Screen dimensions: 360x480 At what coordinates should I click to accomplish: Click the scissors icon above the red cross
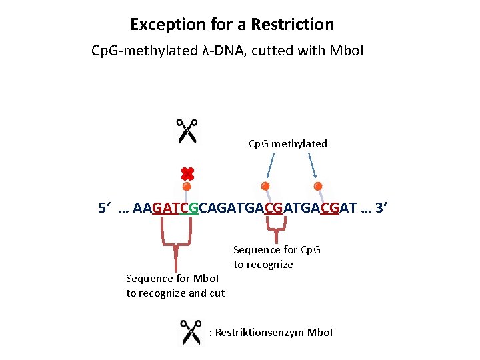click(187, 131)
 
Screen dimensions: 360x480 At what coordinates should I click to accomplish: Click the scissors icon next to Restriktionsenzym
click(191, 332)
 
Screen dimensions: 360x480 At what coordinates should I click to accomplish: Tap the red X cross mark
click(187, 174)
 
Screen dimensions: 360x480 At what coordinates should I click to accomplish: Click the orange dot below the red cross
click(187, 186)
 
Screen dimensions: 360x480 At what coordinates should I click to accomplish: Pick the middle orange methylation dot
click(265, 185)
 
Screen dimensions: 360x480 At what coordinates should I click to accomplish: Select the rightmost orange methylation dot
click(318, 185)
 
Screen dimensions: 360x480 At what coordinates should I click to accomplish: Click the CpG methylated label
click(288, 143)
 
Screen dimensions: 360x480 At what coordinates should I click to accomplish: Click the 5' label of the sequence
click(104, 208)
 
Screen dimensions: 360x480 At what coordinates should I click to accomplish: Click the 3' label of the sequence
click(381, 208)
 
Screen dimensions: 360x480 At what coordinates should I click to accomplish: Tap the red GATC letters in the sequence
click(170, 208)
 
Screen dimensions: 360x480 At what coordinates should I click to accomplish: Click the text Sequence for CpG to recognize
click(276, 257)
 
